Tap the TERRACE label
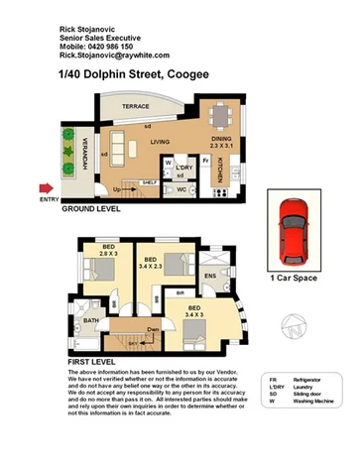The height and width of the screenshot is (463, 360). click(x=135, y=105)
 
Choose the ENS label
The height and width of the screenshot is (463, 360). click(x=210, y=275)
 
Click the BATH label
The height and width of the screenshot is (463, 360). click(x=90, y=321)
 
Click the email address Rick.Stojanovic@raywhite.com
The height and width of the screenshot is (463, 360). click(x=113, y=56)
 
